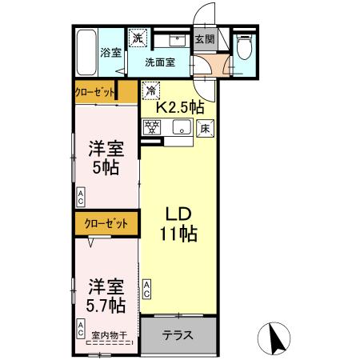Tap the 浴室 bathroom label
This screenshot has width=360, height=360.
110,53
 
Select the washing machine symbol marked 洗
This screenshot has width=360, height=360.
138,38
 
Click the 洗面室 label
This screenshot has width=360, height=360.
160,62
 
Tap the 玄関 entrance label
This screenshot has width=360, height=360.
205,38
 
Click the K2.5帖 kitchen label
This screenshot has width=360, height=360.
179,106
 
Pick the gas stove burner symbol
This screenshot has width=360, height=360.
152,126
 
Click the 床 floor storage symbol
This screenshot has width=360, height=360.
205,126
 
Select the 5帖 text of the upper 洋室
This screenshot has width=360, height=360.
106,169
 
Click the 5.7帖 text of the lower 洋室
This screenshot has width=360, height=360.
106,306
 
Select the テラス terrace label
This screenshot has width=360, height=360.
178,334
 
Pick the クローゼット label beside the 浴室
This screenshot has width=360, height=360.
95,91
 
